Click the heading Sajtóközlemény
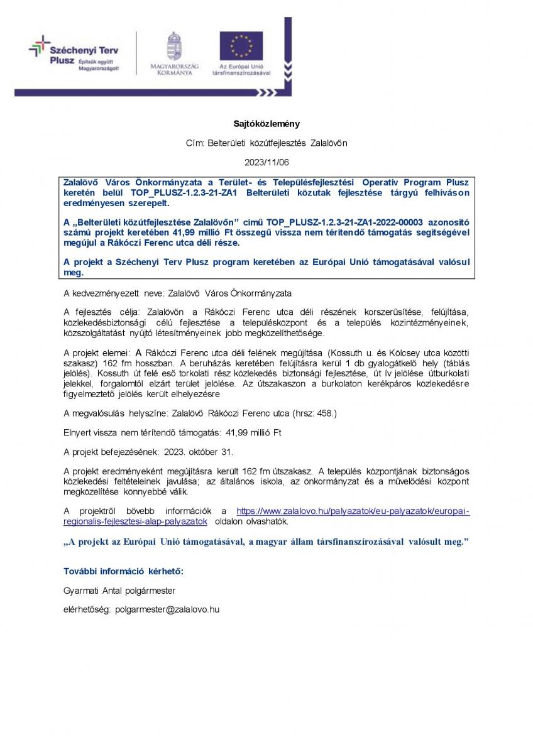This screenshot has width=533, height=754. click(266, 124)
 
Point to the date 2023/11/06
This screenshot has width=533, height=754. click(266, 161)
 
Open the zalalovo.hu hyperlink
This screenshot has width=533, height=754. click(353, 511)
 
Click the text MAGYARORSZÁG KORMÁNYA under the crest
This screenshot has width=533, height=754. click(174, 70)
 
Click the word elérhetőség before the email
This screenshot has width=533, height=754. click(87, 609)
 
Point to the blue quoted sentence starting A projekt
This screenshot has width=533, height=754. click(266, 542)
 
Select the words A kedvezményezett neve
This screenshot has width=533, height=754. click(113, 293)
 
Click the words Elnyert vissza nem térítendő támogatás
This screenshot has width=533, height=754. click(140, 432)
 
